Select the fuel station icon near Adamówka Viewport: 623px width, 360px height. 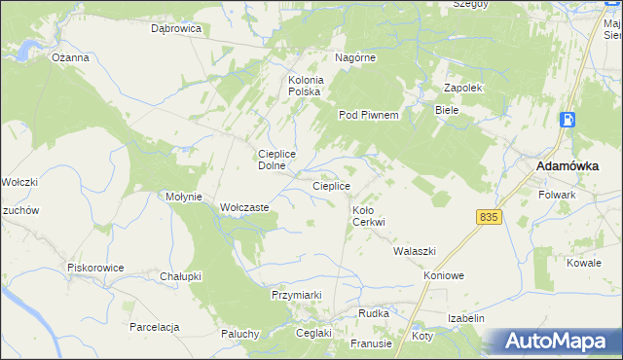[568, 121]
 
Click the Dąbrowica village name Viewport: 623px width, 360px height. [175, 29]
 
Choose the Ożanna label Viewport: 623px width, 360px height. [71, 57]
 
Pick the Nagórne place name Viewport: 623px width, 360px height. [355, 57]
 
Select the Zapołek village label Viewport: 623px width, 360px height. [463, 88]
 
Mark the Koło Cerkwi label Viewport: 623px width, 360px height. [369, 216]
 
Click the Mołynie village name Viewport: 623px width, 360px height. [183, 197]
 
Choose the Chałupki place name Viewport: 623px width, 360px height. [180, 276]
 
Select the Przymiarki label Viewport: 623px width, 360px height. [296, 294]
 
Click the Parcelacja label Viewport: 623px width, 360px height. [155, 327]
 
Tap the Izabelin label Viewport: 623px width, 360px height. [466, 318]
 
